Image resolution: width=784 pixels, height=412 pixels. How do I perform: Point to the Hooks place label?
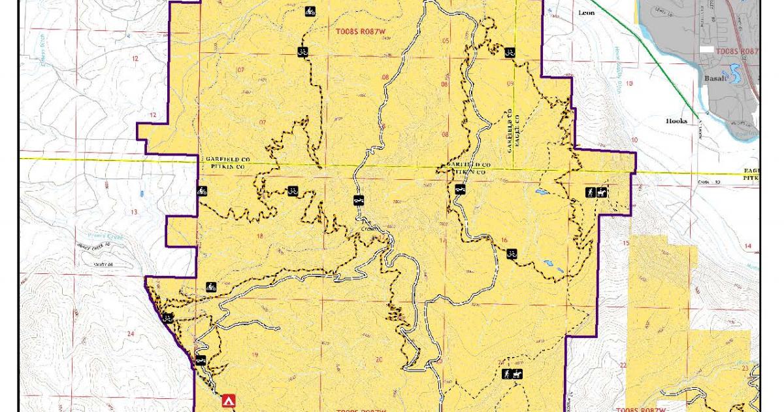677,121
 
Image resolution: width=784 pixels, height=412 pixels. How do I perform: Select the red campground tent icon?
228,400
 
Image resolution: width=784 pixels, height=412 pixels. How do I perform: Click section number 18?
260,236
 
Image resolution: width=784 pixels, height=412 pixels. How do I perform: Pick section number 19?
255,355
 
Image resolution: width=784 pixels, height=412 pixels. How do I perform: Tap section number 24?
131,334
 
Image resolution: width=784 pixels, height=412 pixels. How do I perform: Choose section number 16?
504,240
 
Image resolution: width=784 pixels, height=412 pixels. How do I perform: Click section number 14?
747,245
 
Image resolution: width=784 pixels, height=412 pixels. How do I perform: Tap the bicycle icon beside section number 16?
512,253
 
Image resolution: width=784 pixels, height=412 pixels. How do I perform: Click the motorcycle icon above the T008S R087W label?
310,11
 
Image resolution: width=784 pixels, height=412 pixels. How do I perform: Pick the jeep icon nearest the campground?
201,360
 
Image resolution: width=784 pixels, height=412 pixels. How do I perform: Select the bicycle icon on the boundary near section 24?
168,318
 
